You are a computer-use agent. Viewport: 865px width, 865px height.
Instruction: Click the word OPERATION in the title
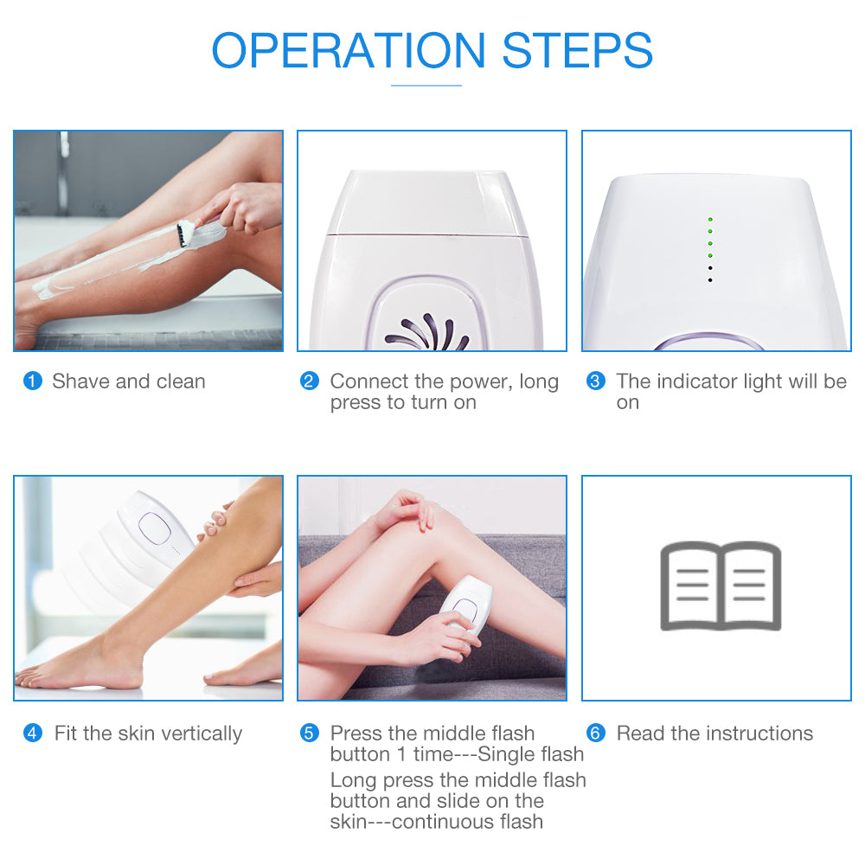[348, 50]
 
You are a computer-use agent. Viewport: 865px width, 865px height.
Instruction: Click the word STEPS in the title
[578, 50]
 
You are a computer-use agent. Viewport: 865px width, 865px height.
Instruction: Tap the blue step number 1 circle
[33, 381]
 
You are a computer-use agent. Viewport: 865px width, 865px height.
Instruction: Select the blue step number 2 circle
[310, 381]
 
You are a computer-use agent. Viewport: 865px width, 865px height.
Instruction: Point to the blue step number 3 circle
[596, 381]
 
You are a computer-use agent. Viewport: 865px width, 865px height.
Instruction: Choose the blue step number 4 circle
[33, 734]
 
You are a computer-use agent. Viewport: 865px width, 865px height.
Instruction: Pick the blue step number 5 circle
[310, 734]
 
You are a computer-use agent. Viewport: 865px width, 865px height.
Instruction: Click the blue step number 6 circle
[596, 734]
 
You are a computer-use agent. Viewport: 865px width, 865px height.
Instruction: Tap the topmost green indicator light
[710, 220]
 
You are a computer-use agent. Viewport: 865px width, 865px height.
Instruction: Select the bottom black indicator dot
[710, 280]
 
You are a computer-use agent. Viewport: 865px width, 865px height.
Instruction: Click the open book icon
[721, 586]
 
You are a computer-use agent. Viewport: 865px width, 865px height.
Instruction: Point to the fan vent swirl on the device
[427, 332]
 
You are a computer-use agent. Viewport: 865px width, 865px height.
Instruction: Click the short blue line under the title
[426, 86]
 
